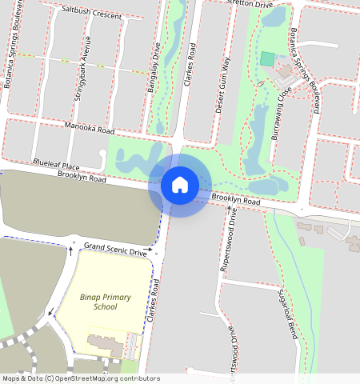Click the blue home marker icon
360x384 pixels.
coord(180,185)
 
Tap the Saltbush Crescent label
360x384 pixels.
coord(91,14)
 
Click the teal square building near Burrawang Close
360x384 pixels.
coord(266,59)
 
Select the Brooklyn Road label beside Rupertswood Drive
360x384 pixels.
coord(236,202)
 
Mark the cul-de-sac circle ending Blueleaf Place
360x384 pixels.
coord(103,153)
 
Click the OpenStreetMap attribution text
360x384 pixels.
coord(80,378)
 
